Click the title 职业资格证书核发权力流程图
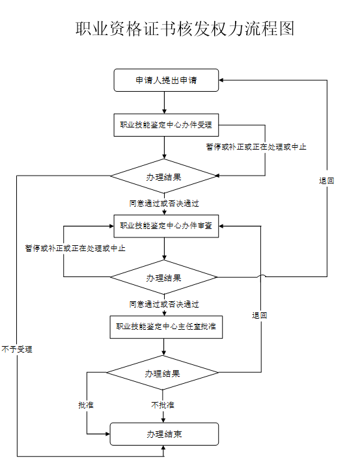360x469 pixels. point(185,29)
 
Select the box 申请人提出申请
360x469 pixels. point(166,80)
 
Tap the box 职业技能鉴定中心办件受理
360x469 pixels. point(166,125)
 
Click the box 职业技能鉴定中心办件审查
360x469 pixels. point(166,226)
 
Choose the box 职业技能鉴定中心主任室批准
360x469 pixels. point(166,327)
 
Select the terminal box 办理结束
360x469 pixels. point(164,434)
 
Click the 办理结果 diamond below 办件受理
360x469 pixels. point(163,176)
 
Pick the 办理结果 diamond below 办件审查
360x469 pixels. point(163,277)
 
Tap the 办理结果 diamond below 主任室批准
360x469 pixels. point(163,373)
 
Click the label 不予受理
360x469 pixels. point(17,349)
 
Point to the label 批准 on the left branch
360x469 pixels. point(86,405)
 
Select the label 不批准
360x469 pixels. point(163,405)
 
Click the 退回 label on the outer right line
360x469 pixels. point(327,181)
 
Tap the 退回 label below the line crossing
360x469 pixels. point(260,315)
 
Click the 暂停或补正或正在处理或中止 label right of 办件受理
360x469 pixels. point(256,147)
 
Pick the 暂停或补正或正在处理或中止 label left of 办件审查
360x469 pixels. point(75,248)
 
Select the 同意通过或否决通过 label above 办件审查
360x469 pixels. point(164,204)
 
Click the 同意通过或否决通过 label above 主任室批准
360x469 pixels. point(164,304)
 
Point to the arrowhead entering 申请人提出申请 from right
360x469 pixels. point(221,80)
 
